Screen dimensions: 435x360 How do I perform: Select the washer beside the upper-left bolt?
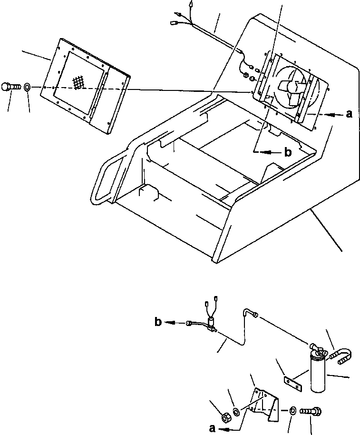[x=28, y=87]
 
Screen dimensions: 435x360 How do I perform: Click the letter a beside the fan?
[x=350, y=114]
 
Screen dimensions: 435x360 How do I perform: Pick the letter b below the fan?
[x=287, y=152]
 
